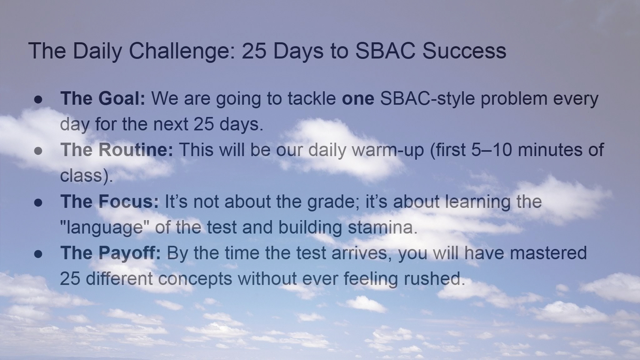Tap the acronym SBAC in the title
click(385, 51)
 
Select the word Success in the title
click(464, 51)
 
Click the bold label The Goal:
click(103, 98)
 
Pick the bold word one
click(358, 98)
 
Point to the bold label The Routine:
click(117, 149)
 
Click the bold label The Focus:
click(109, 201)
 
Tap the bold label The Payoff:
click(111, 253)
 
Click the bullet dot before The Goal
click(38, 100)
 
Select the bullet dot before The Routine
click(38, 151)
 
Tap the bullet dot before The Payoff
click(38, 254)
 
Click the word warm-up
click(388, 151)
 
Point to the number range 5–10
click(491, 149)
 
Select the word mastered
click(548, 253)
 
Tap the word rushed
click(435, 279)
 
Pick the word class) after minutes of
click(87, 176)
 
